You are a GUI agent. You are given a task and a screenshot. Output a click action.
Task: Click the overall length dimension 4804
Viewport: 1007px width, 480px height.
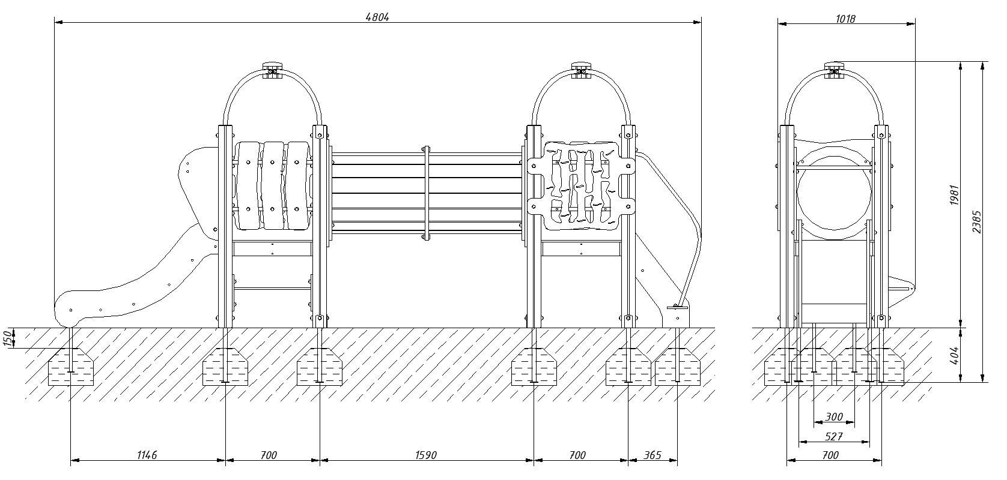click(x=377, y=17)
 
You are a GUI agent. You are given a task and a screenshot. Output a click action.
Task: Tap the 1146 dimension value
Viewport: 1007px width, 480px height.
click(x=147, y=455)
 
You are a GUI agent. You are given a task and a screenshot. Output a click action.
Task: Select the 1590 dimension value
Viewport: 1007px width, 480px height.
click(x=426, y=455)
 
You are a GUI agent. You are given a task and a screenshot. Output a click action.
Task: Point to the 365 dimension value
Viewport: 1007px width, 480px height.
click(x=653, y=455)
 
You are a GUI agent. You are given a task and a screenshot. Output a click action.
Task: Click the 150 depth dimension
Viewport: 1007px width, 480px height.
click(x=8, y=338)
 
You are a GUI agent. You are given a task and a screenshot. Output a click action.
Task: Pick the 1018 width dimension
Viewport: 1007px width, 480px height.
click(x=845, y=19)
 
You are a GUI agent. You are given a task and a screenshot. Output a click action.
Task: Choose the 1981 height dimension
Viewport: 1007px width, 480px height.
click(x=954, y=195)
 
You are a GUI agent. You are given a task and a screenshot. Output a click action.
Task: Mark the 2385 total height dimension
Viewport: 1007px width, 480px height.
click(x=976, y=222)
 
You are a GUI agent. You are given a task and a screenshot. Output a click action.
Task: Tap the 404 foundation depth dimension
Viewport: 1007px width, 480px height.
click(x=954, y=355)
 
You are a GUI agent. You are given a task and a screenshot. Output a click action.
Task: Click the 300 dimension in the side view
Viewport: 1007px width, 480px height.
click(x=834, y=416)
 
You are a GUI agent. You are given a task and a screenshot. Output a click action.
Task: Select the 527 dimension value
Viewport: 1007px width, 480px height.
click(x=834, y=436)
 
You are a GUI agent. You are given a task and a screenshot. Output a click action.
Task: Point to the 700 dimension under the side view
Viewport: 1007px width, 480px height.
click(x=830, y=455)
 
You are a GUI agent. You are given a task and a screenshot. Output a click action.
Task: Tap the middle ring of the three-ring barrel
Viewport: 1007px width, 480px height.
click(x=273, y=185)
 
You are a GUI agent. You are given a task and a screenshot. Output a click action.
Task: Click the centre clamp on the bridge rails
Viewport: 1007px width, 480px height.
click(x=426, y=193)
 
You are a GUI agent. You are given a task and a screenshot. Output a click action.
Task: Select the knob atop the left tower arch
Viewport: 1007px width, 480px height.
click(x=272, y=67)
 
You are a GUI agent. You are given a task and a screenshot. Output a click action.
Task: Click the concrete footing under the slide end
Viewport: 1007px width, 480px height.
click(x=71, y=367)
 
